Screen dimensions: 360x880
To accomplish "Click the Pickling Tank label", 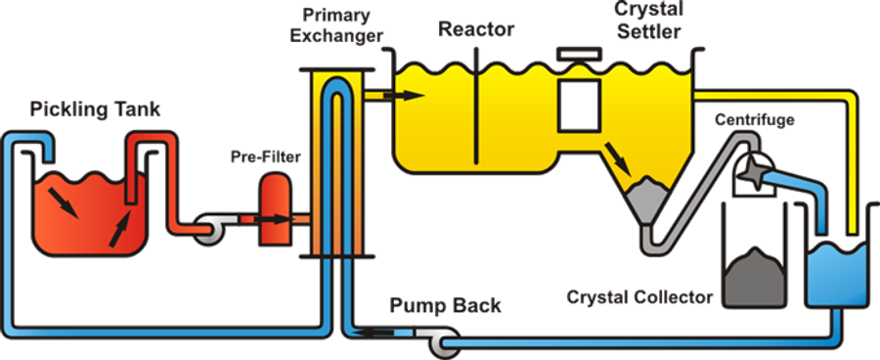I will (x=96, y=109).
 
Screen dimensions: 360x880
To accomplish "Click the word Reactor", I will (x=477, y=28).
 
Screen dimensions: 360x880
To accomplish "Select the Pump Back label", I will (x=445, y=305).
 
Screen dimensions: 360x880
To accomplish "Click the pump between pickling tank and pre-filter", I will (x=209, y=230).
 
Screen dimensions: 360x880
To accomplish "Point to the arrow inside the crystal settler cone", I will (x=616, y=155).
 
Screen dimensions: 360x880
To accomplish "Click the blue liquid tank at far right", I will (x=840, y=274).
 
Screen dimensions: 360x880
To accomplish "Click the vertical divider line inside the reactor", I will (x=476, y=108).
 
